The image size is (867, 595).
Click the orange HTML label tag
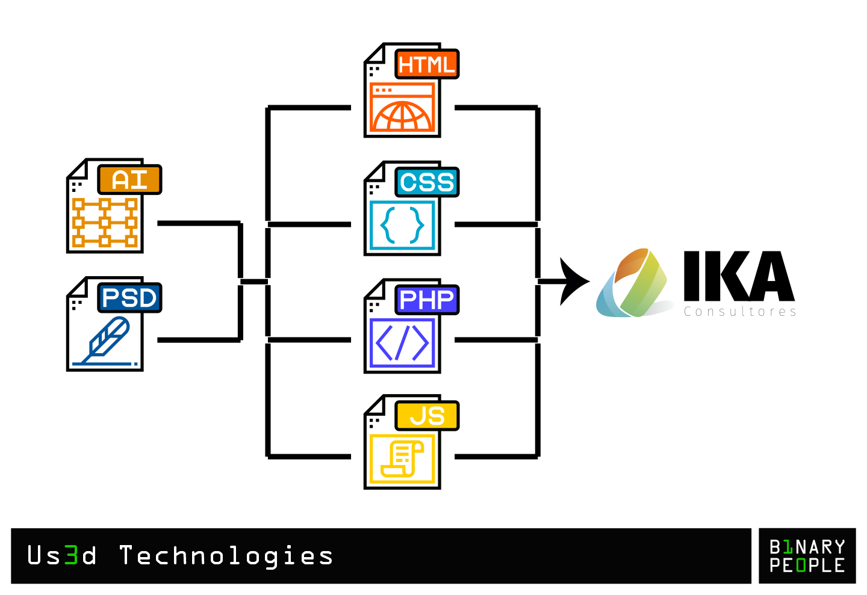click(x=427, y=64)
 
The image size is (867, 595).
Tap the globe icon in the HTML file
click(x=402, y=115)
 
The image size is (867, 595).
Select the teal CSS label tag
click(x=427, y=182)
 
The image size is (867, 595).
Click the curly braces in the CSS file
click(x=402, y=226)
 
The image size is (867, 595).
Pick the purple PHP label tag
click(x=427, y=300)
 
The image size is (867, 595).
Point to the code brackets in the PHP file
click(x=402, y=343)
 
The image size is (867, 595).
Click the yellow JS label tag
click(x=427, y=416)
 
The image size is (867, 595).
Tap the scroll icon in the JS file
click(x=402, y=459)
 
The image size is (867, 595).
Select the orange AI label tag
click(x=129, y=180)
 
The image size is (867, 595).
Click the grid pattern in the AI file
click(x=105, y=223)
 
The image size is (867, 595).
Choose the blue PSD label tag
click(x=129, y=298)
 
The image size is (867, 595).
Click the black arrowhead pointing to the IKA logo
click(x=573, y=281)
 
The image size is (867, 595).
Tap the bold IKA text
click(x=739, y=277)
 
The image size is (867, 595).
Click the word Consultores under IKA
click(x=740, y=312)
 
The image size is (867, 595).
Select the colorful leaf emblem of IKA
click(x=633, y=283)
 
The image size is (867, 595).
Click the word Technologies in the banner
click(x=226, y=555)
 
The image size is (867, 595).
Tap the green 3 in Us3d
click(x=71, y=555)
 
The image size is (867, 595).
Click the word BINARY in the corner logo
click(x=807, y=547)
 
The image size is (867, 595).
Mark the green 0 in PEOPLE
click(x=801, y=566)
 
